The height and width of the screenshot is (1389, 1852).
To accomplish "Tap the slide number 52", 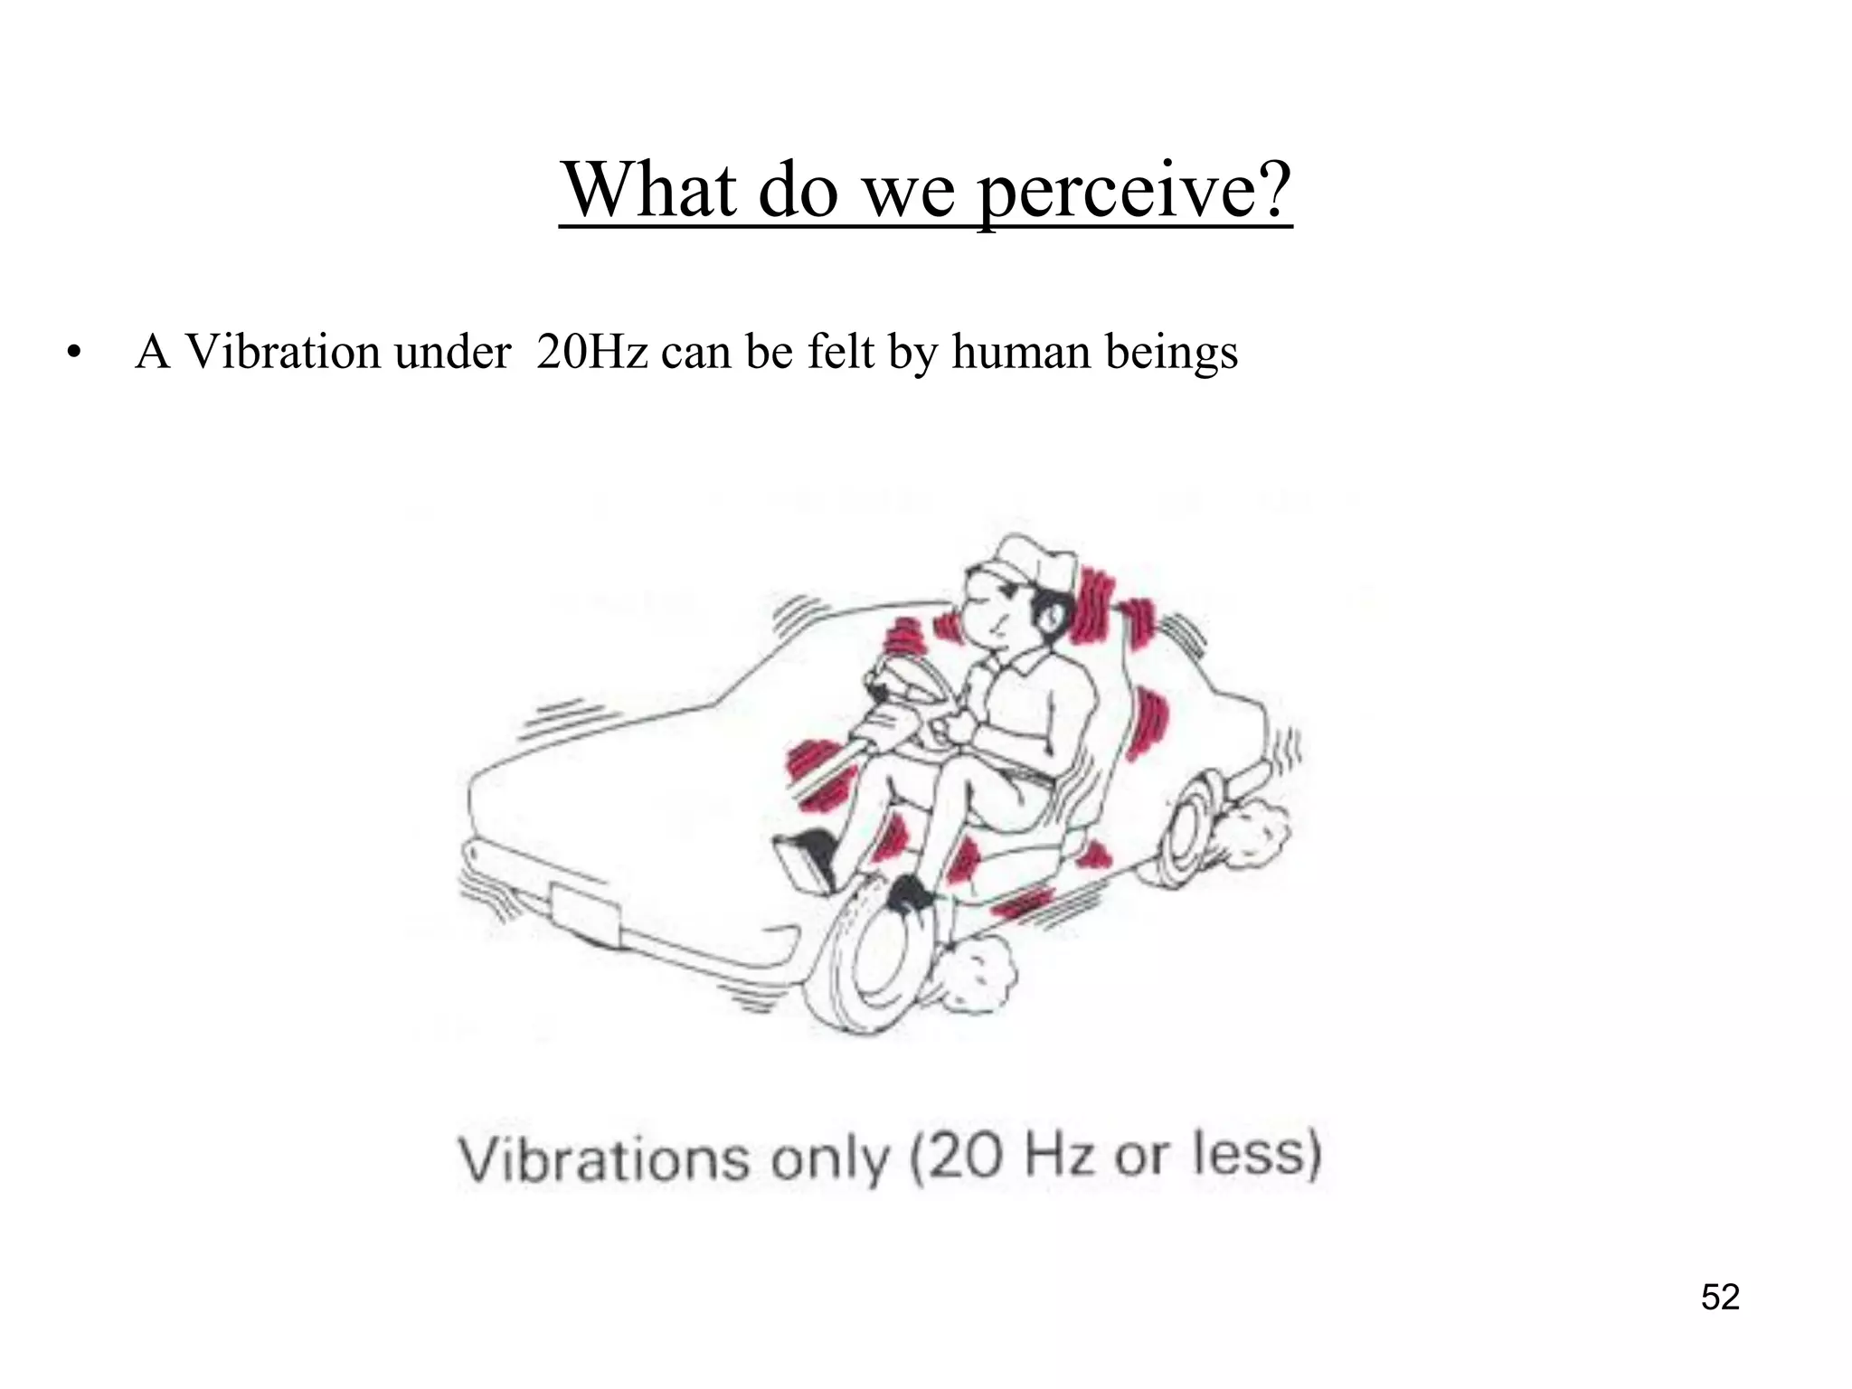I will (1720, 1297).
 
